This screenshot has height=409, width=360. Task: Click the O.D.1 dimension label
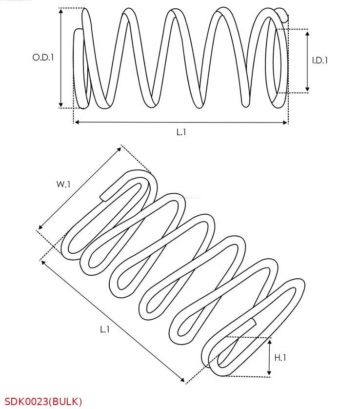click(43, 57)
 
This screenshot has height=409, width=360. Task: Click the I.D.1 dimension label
click(320, 61)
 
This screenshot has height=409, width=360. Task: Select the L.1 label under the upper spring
click(181, 132)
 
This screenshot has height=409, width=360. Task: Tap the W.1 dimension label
click(63, 184)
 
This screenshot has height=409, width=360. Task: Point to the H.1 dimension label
click(280, 358)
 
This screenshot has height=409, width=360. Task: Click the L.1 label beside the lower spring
click(105, 329)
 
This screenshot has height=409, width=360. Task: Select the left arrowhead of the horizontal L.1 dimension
click(76, 123)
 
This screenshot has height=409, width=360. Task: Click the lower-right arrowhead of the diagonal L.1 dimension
click(183, 380)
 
